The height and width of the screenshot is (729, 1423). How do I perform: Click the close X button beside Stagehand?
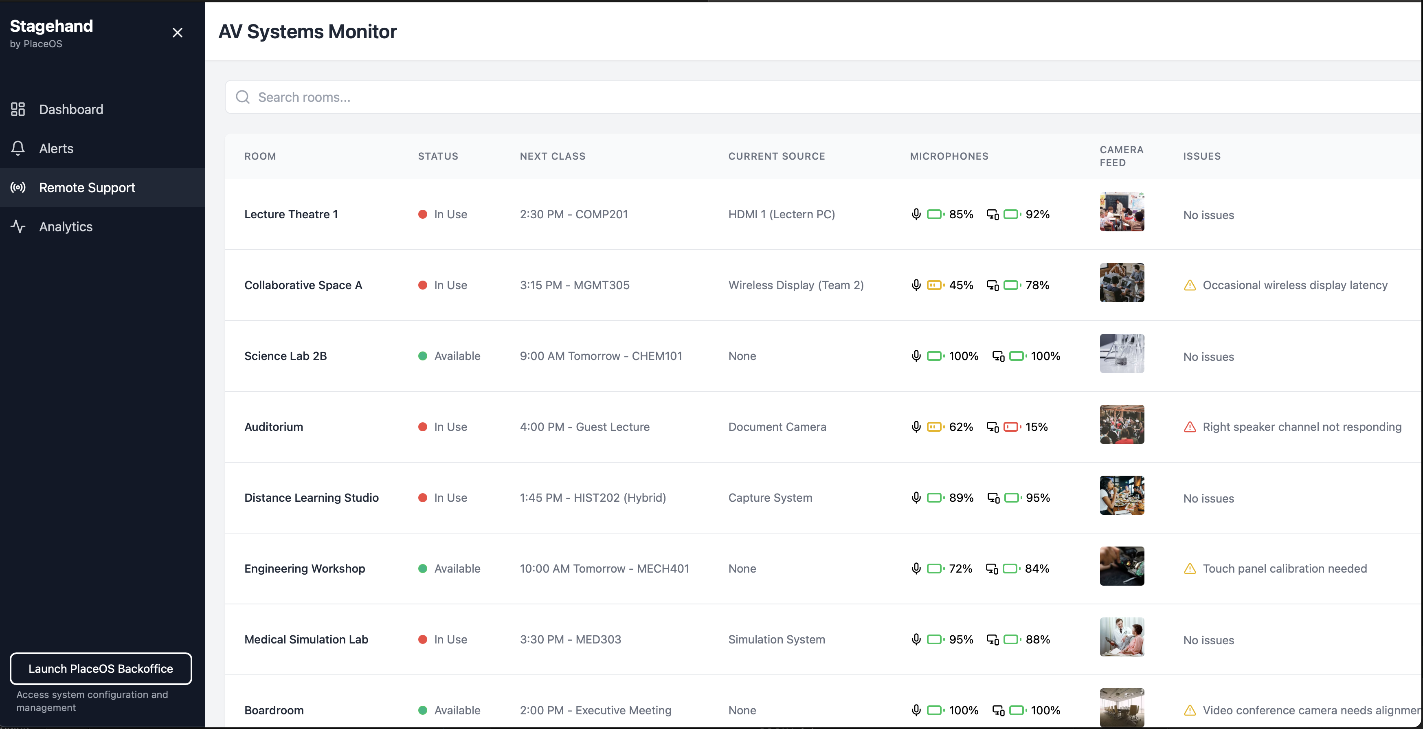click(x=177, y=33)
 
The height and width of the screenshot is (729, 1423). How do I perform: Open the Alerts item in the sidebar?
click(x=56, y=149)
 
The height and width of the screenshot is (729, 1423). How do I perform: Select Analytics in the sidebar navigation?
click(x=65, y=226)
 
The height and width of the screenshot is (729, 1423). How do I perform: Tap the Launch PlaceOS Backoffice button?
click(x=101, y=668)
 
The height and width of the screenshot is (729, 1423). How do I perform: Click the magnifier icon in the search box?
click(x=242, y=97)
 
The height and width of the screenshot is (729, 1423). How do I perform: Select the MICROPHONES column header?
click(x=949, y=156)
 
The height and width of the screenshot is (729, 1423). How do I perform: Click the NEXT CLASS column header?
click(x=552, y=156)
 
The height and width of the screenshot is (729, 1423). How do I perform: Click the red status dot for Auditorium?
click(x=423, y=427)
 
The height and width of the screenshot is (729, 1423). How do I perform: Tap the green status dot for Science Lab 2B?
click(x=423, y=356)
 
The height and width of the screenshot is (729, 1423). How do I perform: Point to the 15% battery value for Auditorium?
click(x=1037, y=427)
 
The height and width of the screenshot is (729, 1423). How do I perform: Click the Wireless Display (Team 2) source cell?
click(x=795, y=285)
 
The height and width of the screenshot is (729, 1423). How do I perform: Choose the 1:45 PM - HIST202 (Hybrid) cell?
click(x=592, y=498)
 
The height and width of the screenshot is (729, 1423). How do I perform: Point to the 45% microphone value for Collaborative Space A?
click(x=961, y=285)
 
